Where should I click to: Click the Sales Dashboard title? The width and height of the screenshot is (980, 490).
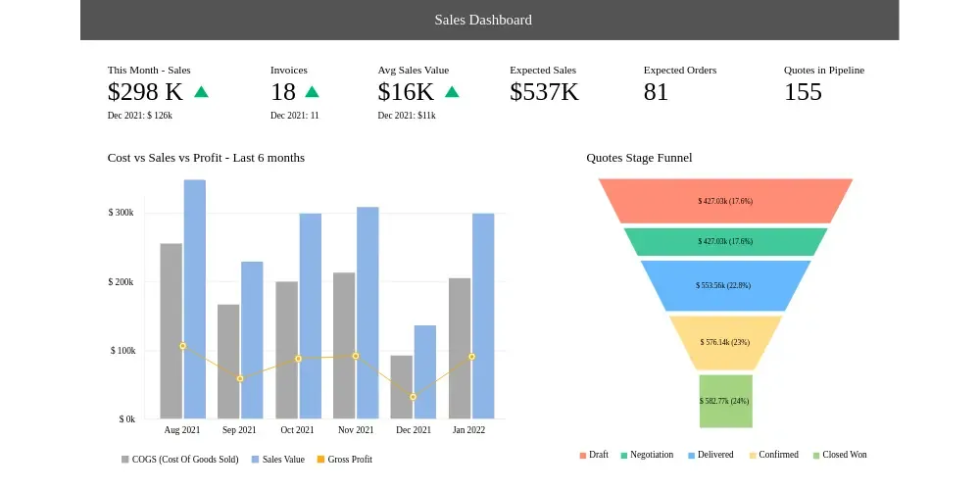point(483,20)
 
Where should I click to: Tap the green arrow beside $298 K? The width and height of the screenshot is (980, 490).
point(201,92)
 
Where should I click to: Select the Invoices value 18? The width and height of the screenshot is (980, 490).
point(283,92)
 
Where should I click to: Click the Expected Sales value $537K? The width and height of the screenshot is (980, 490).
point(544,92)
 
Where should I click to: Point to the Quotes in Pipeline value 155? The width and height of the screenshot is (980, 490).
point(804,92)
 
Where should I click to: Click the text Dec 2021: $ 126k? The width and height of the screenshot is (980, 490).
point(140,116)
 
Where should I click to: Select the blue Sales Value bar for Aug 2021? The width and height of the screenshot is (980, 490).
point(194,299)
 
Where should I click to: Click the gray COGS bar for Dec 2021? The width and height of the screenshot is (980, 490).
point(401,387)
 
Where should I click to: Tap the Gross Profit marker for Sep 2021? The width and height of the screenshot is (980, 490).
point(240,378)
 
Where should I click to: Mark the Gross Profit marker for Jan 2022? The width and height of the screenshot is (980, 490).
point(472,357)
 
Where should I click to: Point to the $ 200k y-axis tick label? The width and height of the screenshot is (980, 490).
point(122,282)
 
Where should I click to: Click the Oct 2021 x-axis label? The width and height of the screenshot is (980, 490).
point(297,430)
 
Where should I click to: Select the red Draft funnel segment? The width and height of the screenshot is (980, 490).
point(725,201)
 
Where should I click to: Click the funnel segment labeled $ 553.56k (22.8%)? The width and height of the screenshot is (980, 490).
point(725,285)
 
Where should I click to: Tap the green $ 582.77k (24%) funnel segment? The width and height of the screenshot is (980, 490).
point(725,401)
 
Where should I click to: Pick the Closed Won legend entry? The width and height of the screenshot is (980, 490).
point(840,455)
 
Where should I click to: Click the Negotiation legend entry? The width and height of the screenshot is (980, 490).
point(647,455)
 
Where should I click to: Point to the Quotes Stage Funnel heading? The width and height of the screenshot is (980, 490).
point(639,158)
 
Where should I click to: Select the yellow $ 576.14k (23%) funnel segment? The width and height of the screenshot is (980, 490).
point(725,342)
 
